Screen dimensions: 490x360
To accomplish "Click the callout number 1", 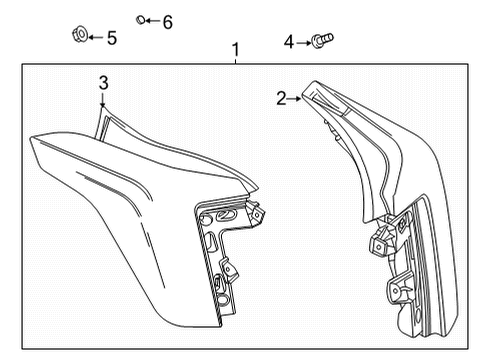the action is coord(236,50).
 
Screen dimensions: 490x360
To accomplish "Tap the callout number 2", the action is coord(281,99).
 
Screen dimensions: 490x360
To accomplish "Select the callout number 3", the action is coord(104,83).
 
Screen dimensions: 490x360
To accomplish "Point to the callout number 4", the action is coord(289,42).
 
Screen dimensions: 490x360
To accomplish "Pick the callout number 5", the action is coord(112,38).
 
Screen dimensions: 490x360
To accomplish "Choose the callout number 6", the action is coord(168,22).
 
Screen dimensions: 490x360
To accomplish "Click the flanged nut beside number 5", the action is coord(80,34).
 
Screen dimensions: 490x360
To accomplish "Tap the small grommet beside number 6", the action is coord(140,20).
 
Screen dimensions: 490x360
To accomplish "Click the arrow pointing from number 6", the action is coord(153,21).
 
